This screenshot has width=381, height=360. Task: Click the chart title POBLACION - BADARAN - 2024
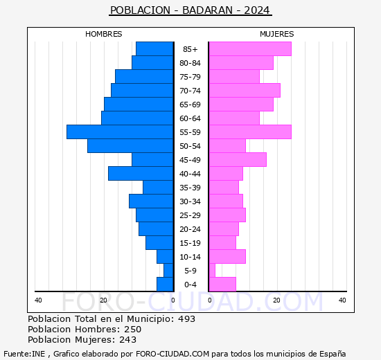(190, 10)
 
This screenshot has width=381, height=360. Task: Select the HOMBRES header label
(104, 34)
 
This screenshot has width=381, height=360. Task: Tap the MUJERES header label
(276, 34)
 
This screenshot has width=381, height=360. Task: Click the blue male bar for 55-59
(120, 132)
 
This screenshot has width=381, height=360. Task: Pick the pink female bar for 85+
(249, 48)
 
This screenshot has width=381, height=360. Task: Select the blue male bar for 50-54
(130, 145)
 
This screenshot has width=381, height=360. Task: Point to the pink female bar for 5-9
(212, 270)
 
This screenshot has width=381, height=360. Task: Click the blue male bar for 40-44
(141, 173)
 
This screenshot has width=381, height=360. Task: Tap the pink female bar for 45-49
(238, 159)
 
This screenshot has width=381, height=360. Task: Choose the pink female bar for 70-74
(245, 90)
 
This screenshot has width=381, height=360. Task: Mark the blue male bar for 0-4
(165, 284)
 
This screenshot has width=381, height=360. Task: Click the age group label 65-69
(190, 105)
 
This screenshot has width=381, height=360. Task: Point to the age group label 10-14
(190, 257)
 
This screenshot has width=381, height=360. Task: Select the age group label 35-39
(190, 188)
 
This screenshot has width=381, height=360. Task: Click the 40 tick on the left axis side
(39, 300)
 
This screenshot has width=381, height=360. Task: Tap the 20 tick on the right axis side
(276, 300)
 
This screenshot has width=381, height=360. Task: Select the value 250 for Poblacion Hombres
(132, 330)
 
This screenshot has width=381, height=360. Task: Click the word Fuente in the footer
(16, 353)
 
